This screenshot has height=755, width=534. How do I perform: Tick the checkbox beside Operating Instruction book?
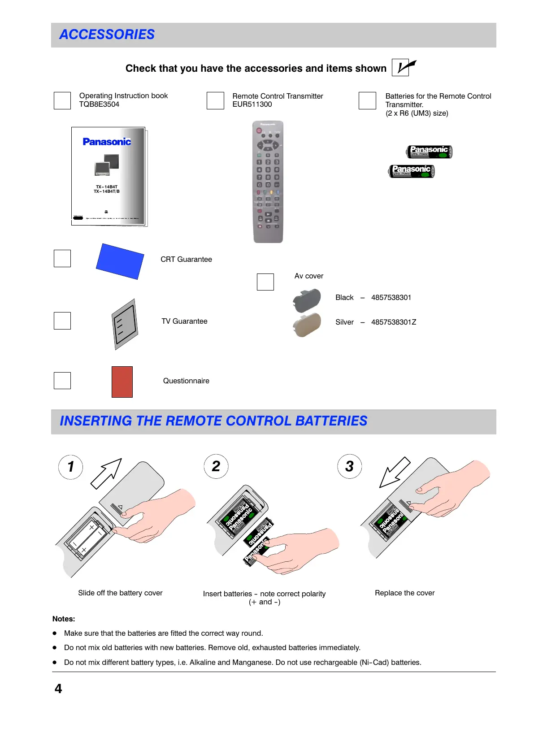(x=62, y=100)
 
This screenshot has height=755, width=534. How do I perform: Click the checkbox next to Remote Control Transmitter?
(x=215, y=100)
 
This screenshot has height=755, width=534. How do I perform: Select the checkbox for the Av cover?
(x=265, y=282)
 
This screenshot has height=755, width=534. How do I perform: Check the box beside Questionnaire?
(x=62, y=381)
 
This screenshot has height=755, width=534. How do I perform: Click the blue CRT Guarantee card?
(x=120, y=261)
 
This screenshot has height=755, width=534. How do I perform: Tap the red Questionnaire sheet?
(x=122, y=382)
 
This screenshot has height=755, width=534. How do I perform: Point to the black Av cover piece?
(x=307, y=300)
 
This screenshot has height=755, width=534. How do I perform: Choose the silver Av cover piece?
(x=307, y=325)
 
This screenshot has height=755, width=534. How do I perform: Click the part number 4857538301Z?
(x=394, y=322)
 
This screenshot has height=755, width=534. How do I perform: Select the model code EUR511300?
(x=252, y=104)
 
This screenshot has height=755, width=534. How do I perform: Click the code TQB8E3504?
(x=99, y=104)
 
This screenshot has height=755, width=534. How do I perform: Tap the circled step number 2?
(x=216, y=467)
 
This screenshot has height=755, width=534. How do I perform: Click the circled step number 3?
(x=350, y=467)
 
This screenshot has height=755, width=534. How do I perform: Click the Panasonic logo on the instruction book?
(x=107, y=142)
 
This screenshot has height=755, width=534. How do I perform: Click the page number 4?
(x=58, y=689)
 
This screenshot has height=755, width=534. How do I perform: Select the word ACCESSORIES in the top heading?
(x=107, y=35)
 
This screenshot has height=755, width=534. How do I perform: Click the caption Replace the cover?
(x=404, y=593)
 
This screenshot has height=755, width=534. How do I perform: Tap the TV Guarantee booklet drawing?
(x=125, y=324)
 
